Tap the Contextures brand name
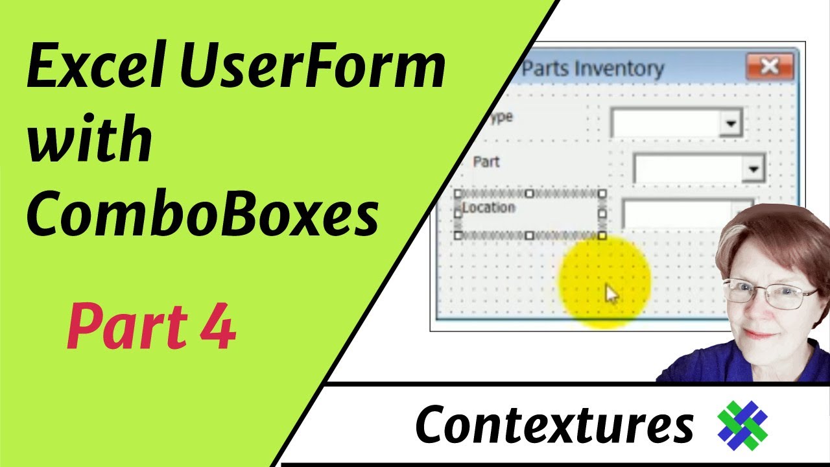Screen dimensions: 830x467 [554, 424]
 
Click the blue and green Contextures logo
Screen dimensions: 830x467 [742, 425]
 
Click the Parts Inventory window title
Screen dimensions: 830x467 [592, 69]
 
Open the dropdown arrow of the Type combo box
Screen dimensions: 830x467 [731, 123]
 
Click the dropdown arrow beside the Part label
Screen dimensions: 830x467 [753, 169]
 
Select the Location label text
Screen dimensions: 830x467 [489, 208]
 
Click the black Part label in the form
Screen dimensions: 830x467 [486, 162]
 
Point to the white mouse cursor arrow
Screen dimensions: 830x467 [611, 294]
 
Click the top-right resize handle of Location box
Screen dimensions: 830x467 [602, 194]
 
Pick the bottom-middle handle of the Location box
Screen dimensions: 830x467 [530, 235]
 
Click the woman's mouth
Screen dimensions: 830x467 [759, 333]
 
